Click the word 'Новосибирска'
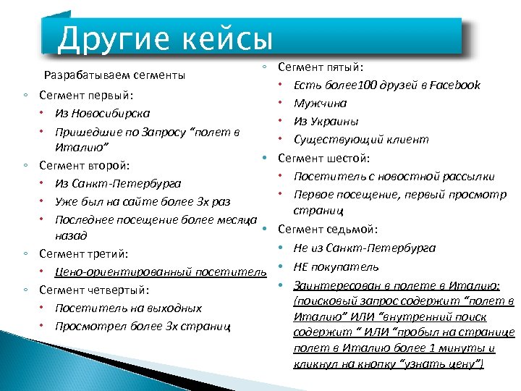point(109,114)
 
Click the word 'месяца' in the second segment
point(236,219)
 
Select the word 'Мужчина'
point(320,104)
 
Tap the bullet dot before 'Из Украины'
point(279,121)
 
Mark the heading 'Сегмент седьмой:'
point(328,230)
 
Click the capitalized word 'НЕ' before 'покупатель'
point(302,266)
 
